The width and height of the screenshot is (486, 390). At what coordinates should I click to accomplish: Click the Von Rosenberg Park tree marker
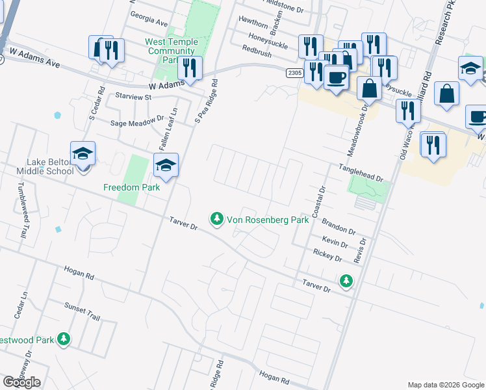click(217, 220)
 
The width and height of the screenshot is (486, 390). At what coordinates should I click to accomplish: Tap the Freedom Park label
click(131, 187)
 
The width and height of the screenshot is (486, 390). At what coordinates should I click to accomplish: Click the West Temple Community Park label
click(170, 51)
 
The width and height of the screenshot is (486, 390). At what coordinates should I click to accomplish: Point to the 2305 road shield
click(294, 73)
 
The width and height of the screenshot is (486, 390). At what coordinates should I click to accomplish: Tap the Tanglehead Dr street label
click(361, 172)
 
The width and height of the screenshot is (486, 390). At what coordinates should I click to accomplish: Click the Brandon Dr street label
click(339, 227)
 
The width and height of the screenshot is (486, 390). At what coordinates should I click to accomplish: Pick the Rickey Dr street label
click(327, 254)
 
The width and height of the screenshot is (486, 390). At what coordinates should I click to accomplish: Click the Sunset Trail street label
click(82, 311)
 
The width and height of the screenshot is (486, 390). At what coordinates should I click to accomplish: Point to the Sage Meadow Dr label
click(137, 121)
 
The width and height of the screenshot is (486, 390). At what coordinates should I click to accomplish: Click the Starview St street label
click(133, 97)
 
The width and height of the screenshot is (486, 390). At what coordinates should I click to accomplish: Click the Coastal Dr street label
click(318, 203)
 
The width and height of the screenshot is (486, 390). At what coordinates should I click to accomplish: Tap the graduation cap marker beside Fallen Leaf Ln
click(166, 166)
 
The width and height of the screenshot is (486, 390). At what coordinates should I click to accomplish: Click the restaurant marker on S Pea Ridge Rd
click(190, 68)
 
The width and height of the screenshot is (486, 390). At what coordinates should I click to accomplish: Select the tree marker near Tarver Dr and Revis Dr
click(346, 281)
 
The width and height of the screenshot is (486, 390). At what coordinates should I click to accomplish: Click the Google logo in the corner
click(22, 382)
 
